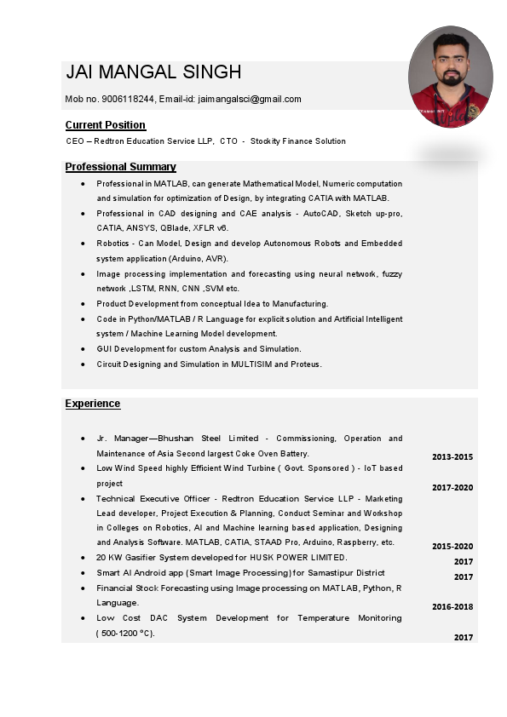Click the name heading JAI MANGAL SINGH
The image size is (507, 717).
153,72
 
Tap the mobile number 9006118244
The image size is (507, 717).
130,99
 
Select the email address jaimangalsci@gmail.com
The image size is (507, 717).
250,99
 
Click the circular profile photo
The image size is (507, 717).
451,77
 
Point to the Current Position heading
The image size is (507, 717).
105,125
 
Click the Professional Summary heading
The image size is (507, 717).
120,167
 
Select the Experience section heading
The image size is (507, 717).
93,404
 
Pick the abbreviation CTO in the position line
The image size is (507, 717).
228,141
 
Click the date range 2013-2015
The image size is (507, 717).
452,457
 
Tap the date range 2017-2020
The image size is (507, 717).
452,488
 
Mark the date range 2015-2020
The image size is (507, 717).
452,547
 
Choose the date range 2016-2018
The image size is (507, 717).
452,607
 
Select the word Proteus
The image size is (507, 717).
305,364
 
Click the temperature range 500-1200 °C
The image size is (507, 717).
126,633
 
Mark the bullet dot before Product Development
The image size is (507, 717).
82,304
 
